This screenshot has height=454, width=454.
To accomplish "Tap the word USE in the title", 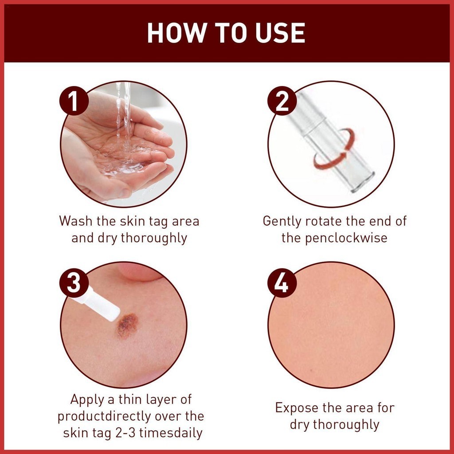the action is pyautogui.click(x=280, y=33).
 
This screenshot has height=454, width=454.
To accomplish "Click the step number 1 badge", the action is pyautogui.click(x=74, y=101).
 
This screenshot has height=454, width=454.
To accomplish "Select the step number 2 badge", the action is pyautogui.click(x=282, y=101).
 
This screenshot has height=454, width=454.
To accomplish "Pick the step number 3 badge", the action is pyautogui.click(x=74, y=282).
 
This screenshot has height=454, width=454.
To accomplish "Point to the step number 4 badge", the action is pyautogui.click(x=282, y=282).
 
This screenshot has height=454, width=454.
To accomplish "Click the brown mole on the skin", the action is pyautogui.click(x=127, y=326).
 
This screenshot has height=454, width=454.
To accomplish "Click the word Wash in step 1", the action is pyautogui.click(x=76, y=221).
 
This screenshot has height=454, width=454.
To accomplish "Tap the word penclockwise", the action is pyautogui.click(x=346, y=238).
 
